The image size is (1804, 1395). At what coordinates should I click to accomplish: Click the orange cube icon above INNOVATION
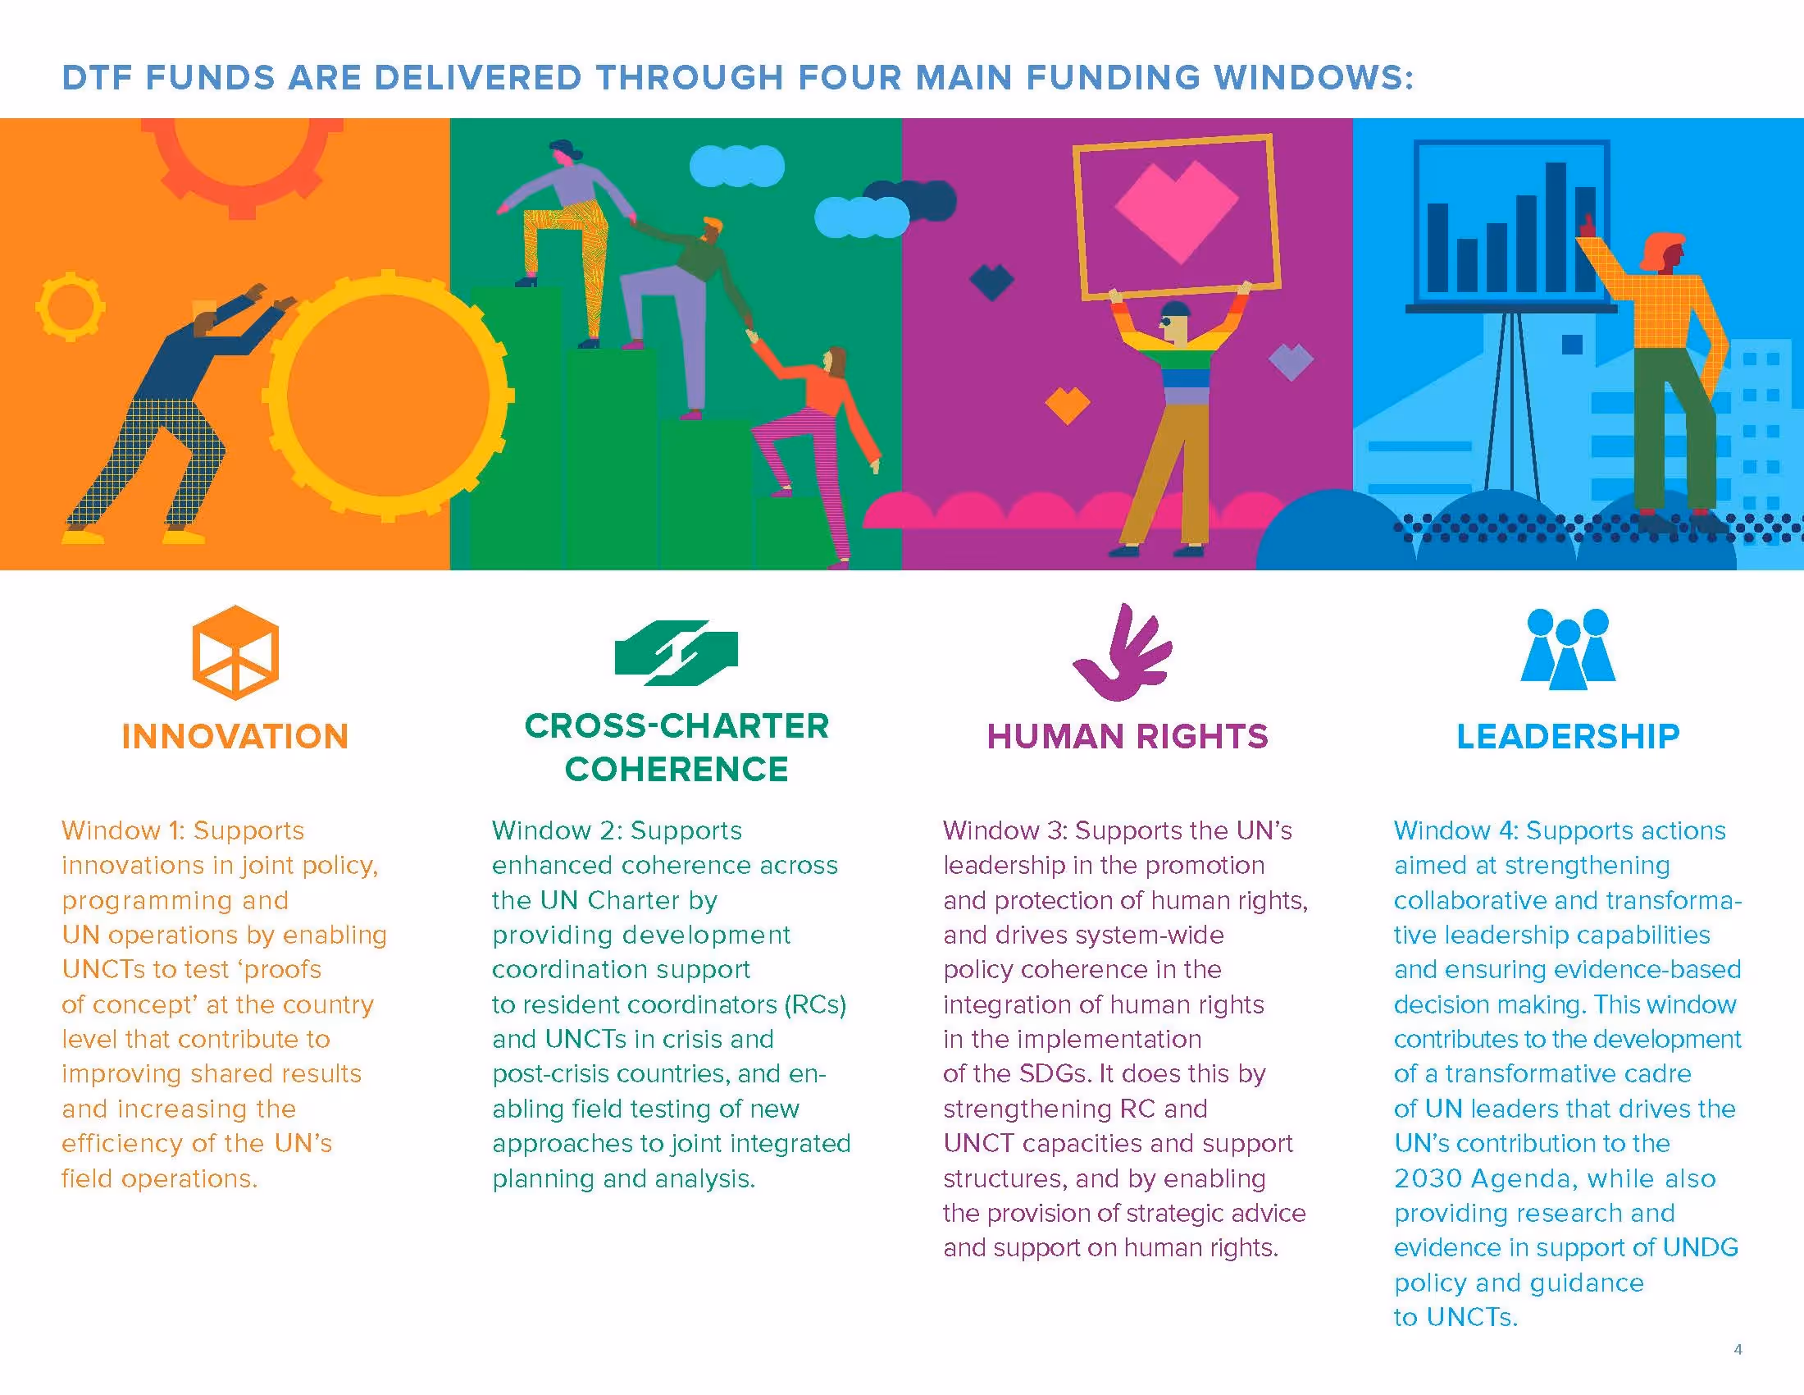(235, 652)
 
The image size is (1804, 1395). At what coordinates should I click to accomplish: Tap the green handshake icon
(676, 653)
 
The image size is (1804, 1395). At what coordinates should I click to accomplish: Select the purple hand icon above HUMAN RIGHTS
(1123, 653)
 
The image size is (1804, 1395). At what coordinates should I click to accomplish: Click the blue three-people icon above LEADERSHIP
(1568, 649)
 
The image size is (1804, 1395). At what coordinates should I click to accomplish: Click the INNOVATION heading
(235, 736)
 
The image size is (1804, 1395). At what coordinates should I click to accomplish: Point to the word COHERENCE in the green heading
(676, 770)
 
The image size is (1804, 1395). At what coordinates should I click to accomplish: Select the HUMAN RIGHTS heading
(1127, 736)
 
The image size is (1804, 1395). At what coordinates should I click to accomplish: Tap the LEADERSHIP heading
(1568, 736)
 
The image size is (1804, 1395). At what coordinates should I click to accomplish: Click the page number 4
(1738, 1350)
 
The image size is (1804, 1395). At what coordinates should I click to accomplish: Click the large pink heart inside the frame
(1176, 210)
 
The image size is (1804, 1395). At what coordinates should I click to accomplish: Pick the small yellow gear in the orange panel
(71, 307)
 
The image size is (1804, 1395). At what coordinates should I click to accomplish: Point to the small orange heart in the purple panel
(1067, 404)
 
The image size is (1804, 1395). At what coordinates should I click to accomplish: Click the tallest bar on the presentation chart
(1556, 226)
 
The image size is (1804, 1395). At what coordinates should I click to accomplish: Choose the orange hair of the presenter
(1660, 249)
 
